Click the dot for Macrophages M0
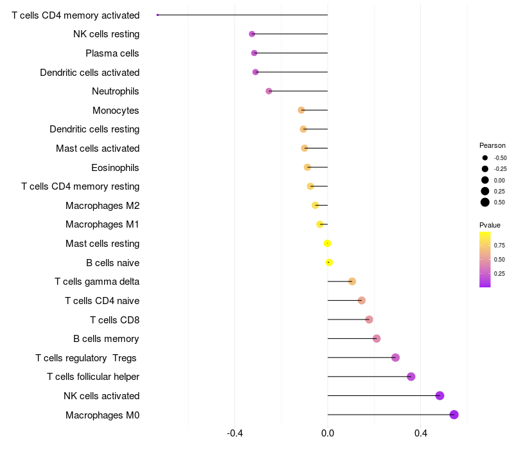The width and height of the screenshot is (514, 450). (x=454, y=415)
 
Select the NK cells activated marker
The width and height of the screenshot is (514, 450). (x=440, y=395)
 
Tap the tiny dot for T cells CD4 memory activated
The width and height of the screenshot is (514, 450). (x=157, y=15)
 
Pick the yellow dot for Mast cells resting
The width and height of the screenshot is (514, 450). (x=328, y=243)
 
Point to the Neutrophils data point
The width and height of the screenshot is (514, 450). (x=269, y=91)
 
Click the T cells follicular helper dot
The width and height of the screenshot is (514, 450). (x=411, y=377)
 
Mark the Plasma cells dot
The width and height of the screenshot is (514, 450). (x=254, y=53)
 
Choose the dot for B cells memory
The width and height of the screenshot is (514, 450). (x=377, y=339)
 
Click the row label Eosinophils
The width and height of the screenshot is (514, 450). (x=116, y=168)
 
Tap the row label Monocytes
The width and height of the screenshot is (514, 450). (x=116, y=111)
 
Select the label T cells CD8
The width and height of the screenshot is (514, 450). (x=114, y=319)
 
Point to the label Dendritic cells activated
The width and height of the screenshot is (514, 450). (x=90, y=73)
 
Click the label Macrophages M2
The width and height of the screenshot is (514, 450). (x=103, y=206)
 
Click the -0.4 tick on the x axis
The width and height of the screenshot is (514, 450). (x=235, y=433)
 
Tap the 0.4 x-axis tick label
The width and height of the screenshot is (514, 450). (x=420, y=433)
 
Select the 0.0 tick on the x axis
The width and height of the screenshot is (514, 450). (x=328, y=433)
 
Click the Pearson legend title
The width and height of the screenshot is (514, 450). (x=492, y=145)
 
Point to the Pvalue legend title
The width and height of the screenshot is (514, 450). (x=490, y=225)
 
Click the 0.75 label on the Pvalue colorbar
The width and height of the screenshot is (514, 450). (x=499, y=245)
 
